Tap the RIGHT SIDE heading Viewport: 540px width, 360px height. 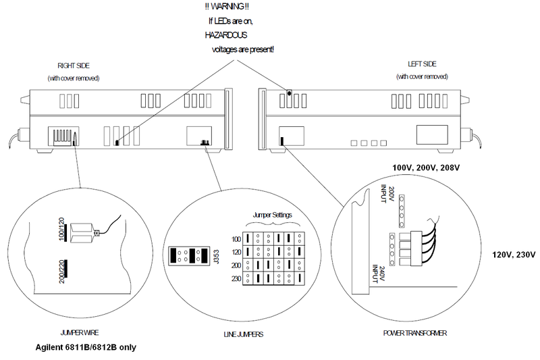coord(74,66)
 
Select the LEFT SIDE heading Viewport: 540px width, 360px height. coord(423,64)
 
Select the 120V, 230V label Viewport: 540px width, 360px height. coord(514,255)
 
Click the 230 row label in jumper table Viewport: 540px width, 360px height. coord(236,278)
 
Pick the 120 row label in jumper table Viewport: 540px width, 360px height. coord(236,251)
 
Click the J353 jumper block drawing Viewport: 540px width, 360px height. coord(189,256)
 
